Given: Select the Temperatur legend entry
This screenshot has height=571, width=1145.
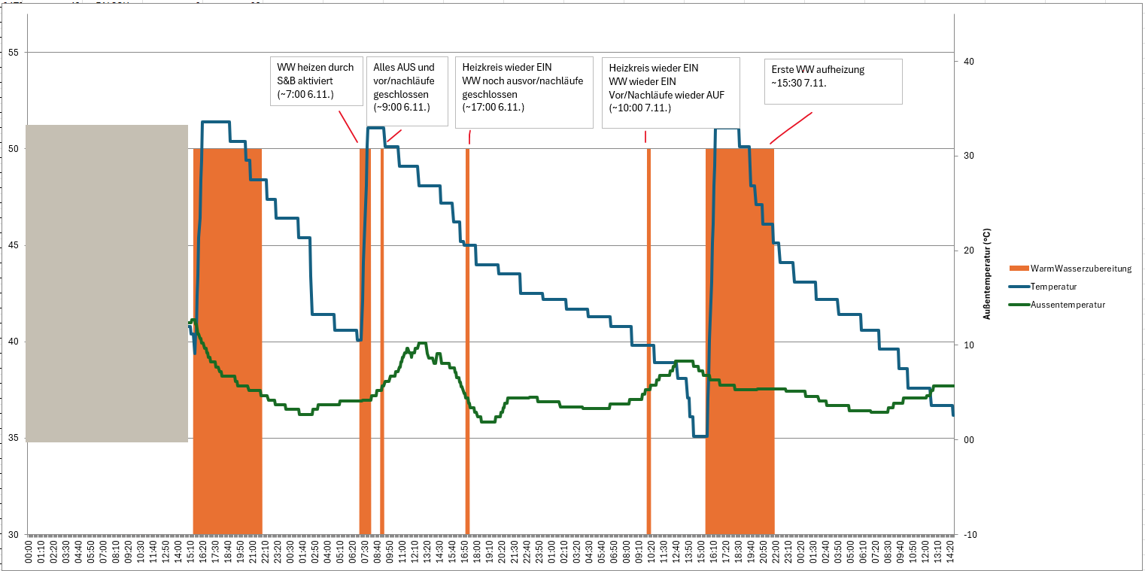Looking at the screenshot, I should coord(1053,287).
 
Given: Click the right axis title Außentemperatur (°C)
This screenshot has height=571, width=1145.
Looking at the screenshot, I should coord(986,275).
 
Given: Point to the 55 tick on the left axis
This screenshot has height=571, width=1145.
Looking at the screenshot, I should coord(14,53).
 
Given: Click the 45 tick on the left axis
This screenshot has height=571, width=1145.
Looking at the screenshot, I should coord(14,245).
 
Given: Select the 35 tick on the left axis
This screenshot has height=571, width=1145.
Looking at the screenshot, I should coord(14,439).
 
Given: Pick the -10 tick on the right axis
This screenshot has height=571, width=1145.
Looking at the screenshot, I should coord(970,535).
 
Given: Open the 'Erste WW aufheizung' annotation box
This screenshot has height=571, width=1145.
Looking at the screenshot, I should coord(833,81).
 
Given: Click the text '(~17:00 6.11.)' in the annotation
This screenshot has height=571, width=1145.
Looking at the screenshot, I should coord(493,108).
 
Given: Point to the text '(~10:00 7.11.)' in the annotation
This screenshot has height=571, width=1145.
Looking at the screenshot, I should coord(639,108).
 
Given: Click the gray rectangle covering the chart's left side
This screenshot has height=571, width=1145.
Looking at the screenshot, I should coord(107,284).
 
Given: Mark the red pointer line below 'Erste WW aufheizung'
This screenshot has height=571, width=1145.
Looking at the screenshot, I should coord(791,129).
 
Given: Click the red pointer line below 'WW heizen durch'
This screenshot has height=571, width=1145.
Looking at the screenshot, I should coord(348,126).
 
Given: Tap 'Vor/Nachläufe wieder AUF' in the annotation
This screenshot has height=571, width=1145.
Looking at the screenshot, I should coord(661,94).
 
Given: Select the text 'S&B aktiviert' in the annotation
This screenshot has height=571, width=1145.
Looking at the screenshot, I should coord(305,80).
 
